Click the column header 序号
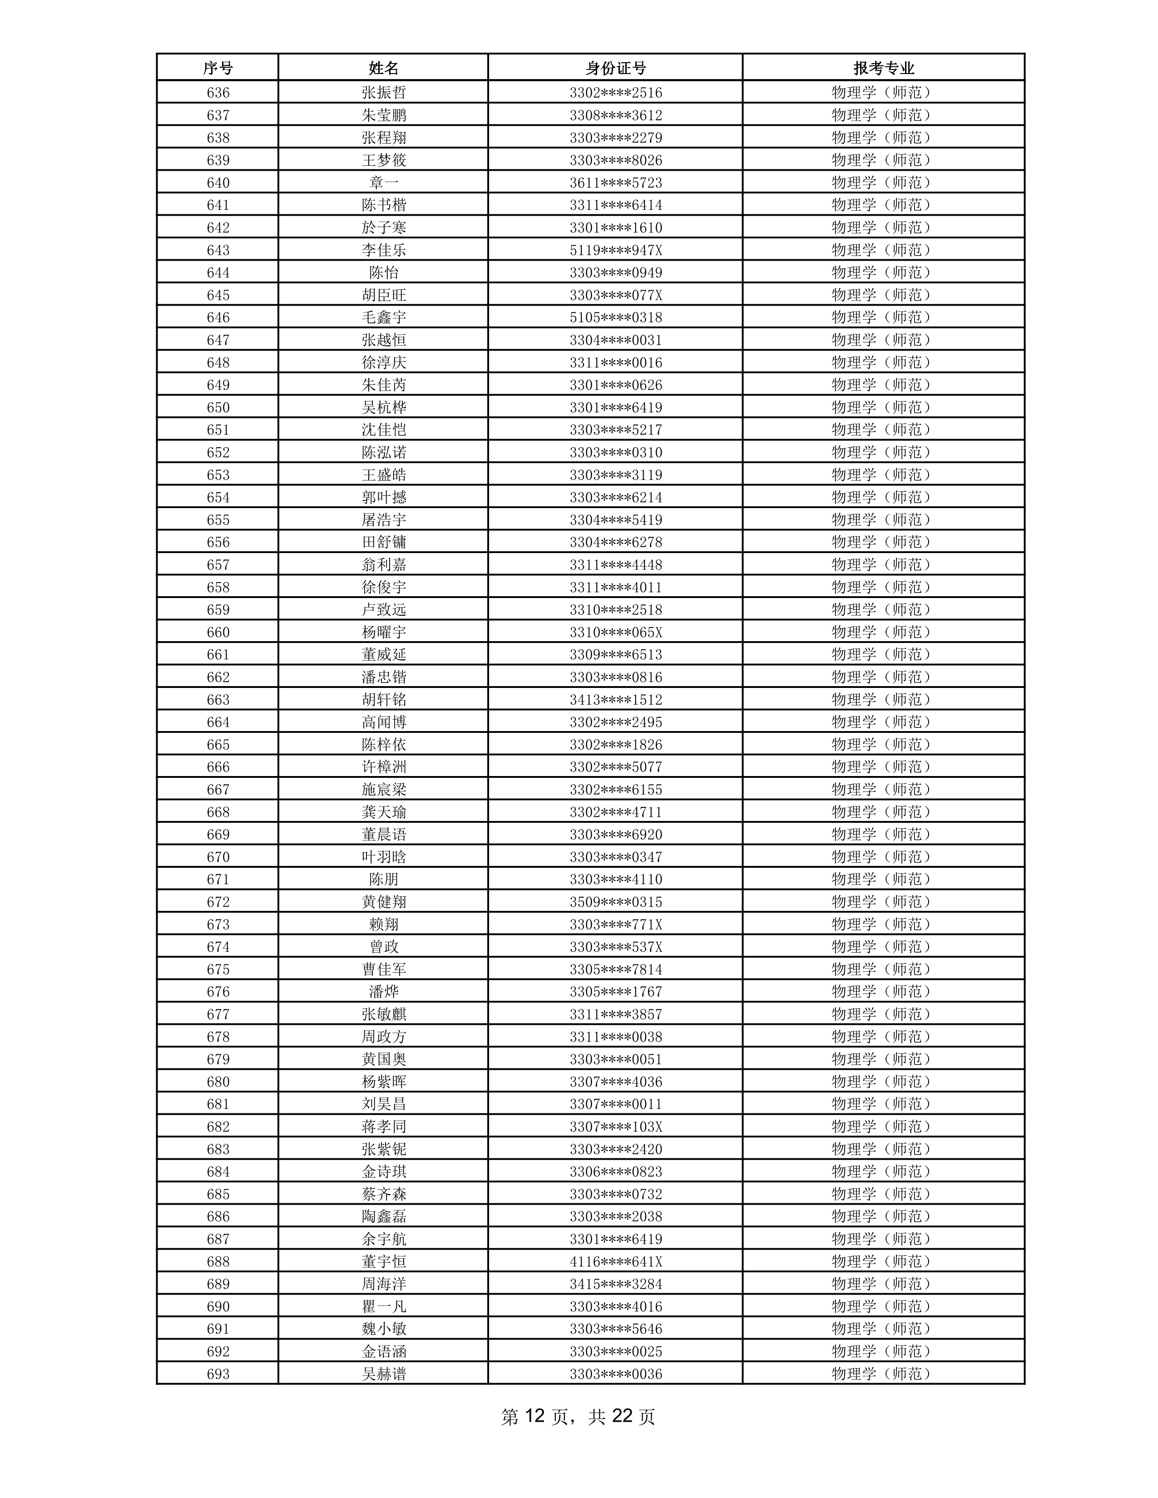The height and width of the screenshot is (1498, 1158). tap(218, 68)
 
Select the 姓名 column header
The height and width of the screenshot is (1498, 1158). tap(383, 68)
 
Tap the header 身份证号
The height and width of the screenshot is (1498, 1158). tap(615, 68)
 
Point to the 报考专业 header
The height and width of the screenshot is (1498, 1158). tap(884, 68)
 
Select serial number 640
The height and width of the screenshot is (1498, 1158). tap(218, 183)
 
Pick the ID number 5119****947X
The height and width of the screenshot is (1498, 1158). tap(615, 250)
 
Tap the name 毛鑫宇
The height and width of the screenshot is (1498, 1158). tap(383, 317)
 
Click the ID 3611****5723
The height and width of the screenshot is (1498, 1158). tap(615, 183)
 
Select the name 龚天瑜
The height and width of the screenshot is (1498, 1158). tap(383, 812)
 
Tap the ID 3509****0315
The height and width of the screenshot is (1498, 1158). tap(615, 902)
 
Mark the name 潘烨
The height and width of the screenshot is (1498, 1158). tap(383, 992)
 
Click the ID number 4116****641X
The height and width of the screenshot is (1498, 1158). tap(615, 1261)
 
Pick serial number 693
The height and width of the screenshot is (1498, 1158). tap(218, 1374)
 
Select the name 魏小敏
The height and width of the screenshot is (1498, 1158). tap(383, 1329)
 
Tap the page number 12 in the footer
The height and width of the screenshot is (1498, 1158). tap(534, 1416)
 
